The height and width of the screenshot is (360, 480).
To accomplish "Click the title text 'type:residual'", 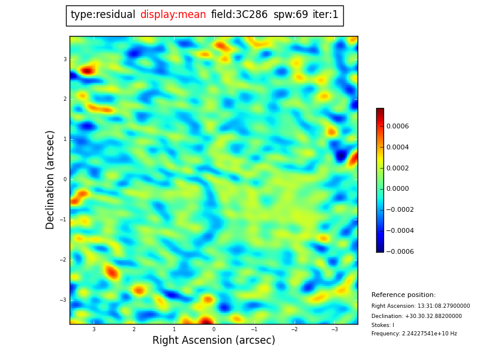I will coord(103,15).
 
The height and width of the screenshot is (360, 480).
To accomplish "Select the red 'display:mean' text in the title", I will coord(173,15).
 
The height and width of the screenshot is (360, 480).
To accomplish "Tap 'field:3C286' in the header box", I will coord(239,15).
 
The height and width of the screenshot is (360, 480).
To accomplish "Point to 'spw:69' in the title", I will coord(290,15).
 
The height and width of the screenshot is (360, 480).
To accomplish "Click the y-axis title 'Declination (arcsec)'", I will coord(51,179).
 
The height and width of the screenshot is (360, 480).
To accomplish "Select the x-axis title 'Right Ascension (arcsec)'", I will coord(214,341).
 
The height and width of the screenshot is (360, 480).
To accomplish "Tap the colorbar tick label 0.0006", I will coord(398,126).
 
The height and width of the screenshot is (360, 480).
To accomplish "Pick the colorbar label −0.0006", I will coord(400,251).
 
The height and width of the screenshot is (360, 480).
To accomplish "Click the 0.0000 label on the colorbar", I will coord(398,189).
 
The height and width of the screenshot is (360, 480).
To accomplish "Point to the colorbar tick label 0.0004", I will coord(398,147).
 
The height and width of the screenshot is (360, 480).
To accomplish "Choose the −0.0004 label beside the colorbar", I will coord(400,230).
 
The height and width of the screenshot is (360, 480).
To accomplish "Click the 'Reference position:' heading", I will coord(403,295).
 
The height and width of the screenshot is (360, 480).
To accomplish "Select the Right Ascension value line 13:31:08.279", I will coord(421,306).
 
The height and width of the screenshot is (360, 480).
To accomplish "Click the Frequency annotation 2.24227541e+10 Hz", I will coord(414,334).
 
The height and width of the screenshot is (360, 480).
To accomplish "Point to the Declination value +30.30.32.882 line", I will coord(416,316).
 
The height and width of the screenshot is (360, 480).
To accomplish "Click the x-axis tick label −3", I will coord(334,329).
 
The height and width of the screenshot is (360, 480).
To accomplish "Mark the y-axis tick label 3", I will coord(65,59).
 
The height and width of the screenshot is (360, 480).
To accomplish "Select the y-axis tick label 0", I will coord(65,179).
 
